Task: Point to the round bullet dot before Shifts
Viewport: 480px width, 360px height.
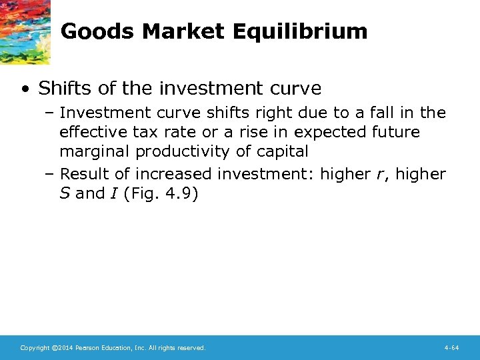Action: click(x=25, y=89)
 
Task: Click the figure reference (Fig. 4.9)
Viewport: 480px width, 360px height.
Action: click(x=161, y=193)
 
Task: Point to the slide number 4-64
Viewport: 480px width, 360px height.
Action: click(x=451, y=348)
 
